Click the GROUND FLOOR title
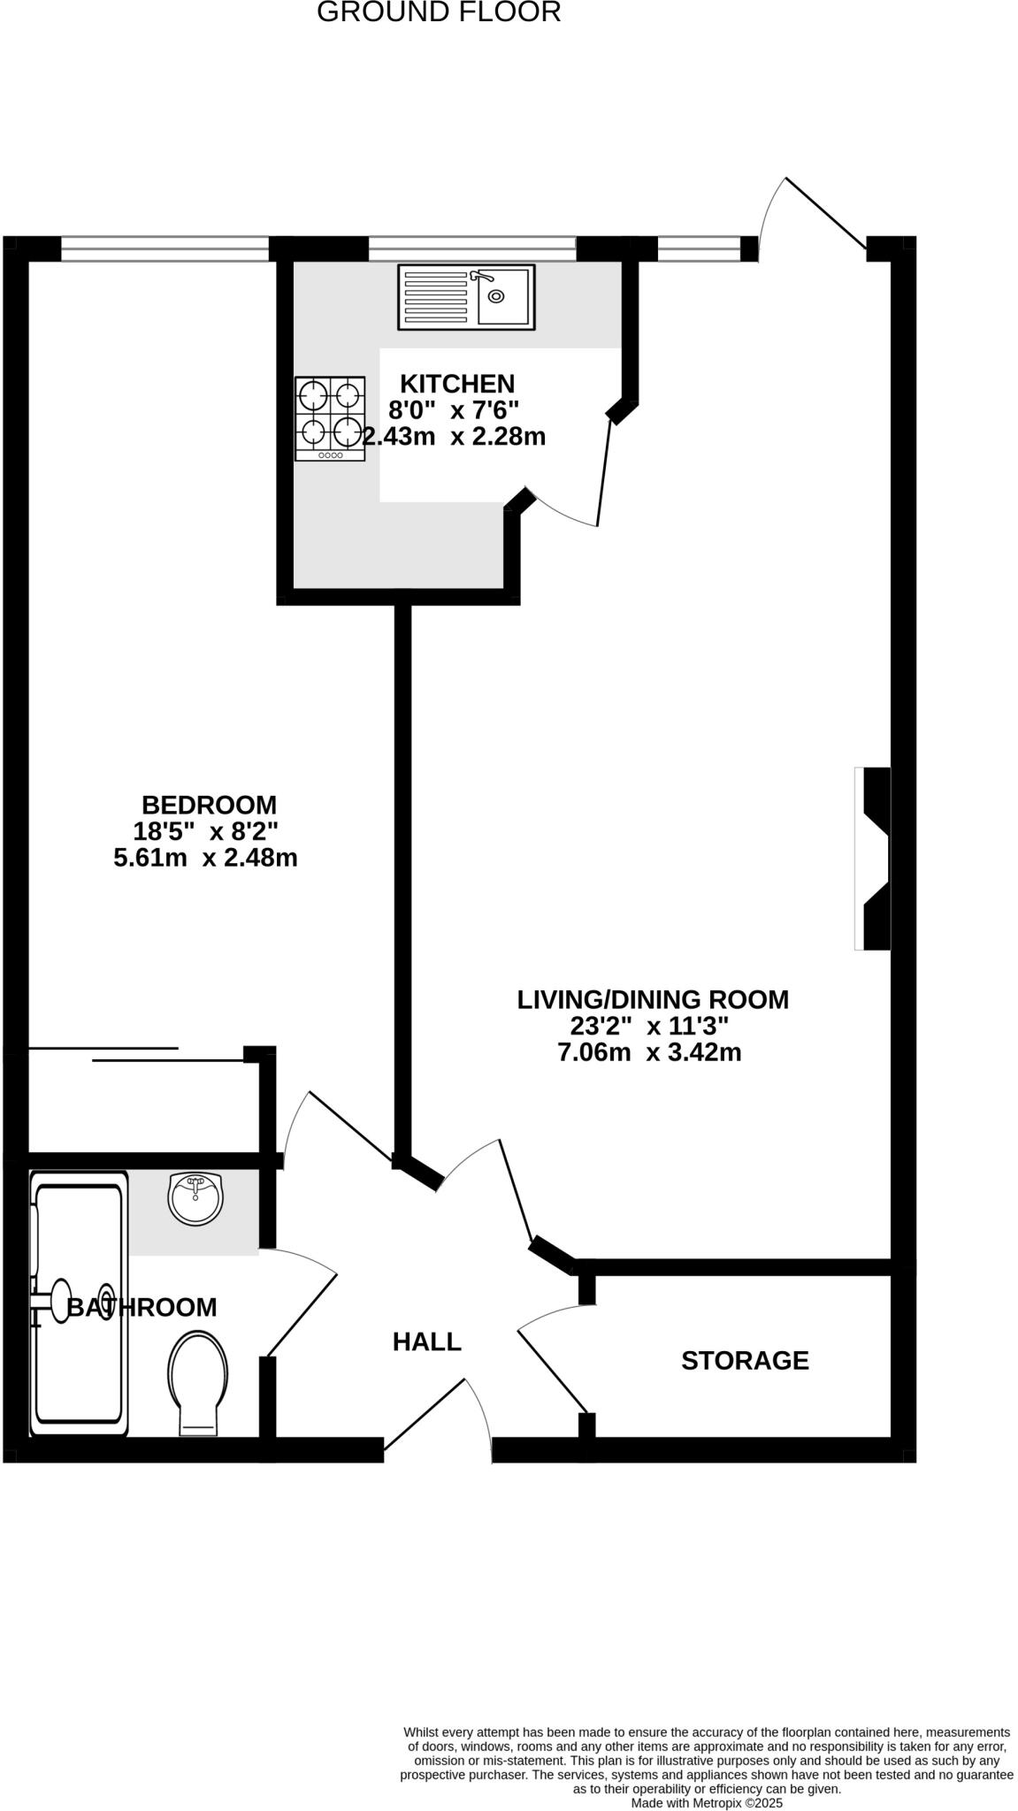tap(439, 12)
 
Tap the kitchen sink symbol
tap(466, 297)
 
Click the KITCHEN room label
tap(457, 384)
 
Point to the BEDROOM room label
tap(209, 805)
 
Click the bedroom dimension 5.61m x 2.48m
tap(205, 858)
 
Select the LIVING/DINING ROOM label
tap(653, 999)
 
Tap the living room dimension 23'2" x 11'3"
tap(649, 1026)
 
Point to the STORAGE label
tap(745, 1360)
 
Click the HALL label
tap(427, 1341)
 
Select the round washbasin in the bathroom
tap(195, 1199)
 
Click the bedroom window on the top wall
tap(165, 249)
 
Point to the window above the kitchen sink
tap(471, 249)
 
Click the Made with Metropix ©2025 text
tap(706, 1802)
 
